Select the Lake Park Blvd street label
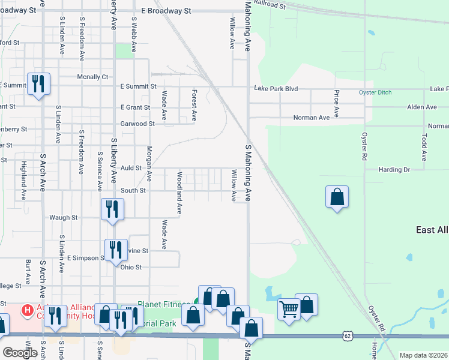[x=276, y=88]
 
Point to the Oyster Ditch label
[x=375, y=92]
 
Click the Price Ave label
[x=337, y=103]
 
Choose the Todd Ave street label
[x=424, y=148]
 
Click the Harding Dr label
[x=394, y=170]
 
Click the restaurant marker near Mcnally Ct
[x=38, y=84]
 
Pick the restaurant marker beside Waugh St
[x=112, y=210]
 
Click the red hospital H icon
[x=27, y=310]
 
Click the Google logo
[x=20, y=353]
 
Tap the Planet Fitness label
[x=164, y=304]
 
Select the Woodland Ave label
[x=179, y=193]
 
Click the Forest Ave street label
[x=194, y=105]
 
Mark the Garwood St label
[x=137, y=124]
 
